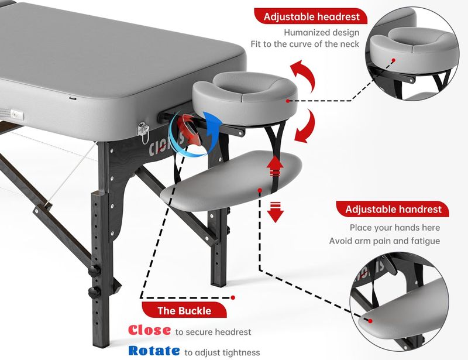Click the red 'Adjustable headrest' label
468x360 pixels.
(311, 16)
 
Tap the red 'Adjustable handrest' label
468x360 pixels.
(393, 209)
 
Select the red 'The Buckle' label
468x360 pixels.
(184, 310)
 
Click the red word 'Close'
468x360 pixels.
(150, 330)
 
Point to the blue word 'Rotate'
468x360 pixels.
(154, 351)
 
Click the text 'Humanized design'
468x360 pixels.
(321, 32)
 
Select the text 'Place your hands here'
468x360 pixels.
(395, 227)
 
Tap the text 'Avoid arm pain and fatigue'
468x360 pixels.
(384, 241)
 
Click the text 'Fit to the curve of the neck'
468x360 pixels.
(305, 44)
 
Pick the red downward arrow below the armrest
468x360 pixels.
(275, 212)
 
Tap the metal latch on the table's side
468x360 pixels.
(143, 132)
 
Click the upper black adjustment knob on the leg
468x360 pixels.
(94, 270)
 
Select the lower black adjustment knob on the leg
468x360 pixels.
(94, 292)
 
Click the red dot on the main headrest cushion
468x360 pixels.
(288, 101)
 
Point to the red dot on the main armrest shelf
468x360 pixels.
(260, 190)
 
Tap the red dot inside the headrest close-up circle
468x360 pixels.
(393, 60)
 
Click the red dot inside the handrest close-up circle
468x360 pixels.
(370, 321)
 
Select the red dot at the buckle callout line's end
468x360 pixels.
(233, 297)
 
